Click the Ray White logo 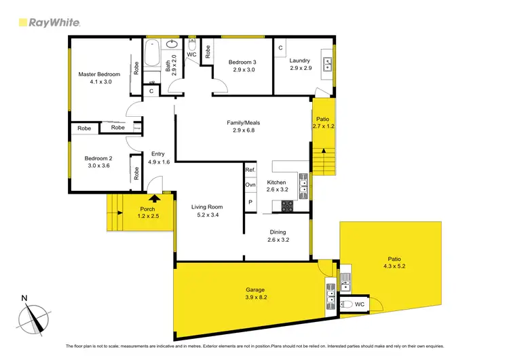pyautogui.click(x=49, y=22)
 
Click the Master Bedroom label pyautogui.click(x=99, y=73)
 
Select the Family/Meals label pyautogui.click(x=243, y=123)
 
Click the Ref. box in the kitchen pyautogui.click(x=250, y=170)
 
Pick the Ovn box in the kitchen pyautogui.click(x=250, y=185)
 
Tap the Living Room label pyautogui.click(x=206, y=207)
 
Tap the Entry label pyautogui.click(x=157, y=154)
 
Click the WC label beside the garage pyautogui.click(x=359, y=306)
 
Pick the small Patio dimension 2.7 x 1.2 pyautogui.click(x=324, y=126)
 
